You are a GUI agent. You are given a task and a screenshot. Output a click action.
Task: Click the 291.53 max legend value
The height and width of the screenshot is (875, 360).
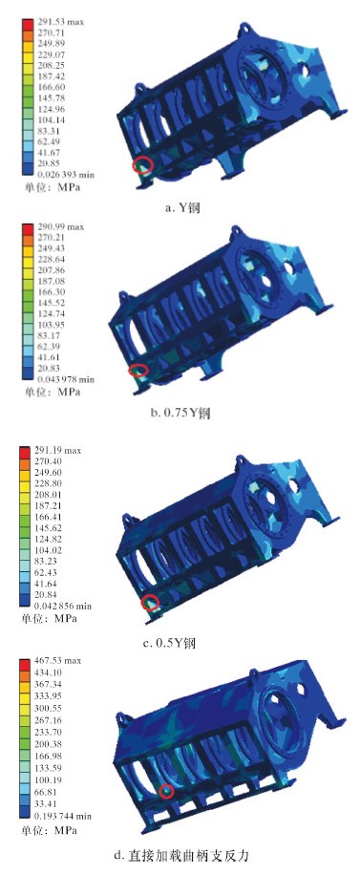pos(60,23)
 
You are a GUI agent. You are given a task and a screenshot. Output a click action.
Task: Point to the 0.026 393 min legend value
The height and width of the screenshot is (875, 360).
pos(65,175)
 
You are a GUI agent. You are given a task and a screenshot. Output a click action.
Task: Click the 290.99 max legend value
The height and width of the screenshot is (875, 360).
pos(60,227)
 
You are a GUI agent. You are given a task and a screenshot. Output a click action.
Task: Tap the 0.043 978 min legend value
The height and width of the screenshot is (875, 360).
pos(65,379)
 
